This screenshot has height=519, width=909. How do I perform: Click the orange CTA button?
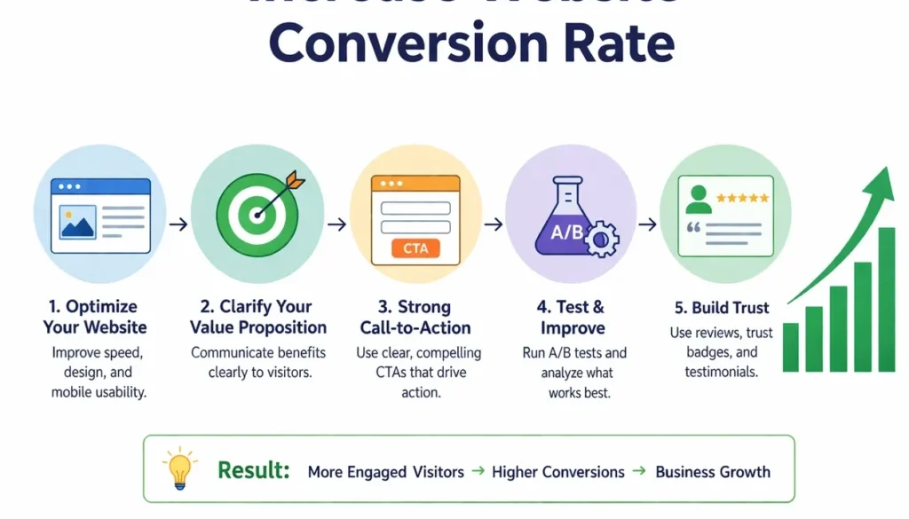pos(415,248)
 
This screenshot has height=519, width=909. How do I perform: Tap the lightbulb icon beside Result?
pos(178,468)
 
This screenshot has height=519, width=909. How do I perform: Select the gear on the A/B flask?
pos(603,239)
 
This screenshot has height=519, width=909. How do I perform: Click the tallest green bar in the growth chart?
pos(886,300)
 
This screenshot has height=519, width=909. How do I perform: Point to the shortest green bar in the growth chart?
pos(790,347)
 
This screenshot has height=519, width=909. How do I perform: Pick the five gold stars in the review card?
pos(742,198)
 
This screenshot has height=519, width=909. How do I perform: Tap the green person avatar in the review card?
pos(699,200)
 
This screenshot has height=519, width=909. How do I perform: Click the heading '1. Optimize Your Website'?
pos(95,317)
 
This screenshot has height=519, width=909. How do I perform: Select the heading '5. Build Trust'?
pos(721,308)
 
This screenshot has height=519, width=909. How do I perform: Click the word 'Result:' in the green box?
pos(253,471)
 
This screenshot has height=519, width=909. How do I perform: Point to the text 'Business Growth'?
pos(713,472)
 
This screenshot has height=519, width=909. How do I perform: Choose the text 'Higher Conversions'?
pos(558,472)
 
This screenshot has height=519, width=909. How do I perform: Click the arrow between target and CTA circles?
pos(336,224)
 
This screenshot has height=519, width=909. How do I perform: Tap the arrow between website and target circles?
pos(178,224)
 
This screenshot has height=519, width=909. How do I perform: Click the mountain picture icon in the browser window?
pos(78,222)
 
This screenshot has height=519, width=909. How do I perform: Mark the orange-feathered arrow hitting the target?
pos(281,193)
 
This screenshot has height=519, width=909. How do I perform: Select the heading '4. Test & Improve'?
pos(573,317)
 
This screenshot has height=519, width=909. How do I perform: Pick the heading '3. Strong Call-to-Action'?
pos(415,317)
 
